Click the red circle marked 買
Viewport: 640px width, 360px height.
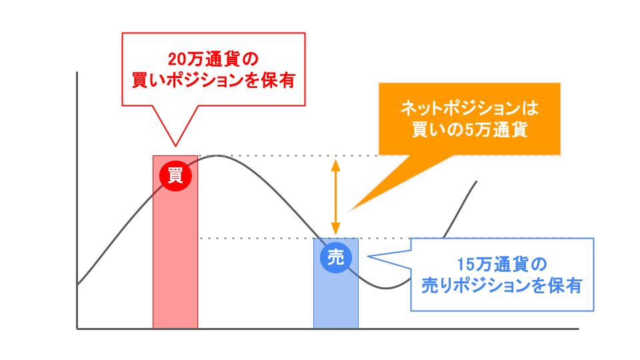[175, 175]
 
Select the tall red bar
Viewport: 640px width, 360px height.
[175, 267]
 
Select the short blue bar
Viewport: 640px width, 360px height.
[336, 300]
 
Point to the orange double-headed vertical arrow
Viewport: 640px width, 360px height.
[336, 196]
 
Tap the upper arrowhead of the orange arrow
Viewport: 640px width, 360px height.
[336, 162]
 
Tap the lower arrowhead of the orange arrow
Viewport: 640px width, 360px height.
[336, 231]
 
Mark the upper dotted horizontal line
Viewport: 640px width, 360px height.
[280, 156]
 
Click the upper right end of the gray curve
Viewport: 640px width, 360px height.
[477, 181]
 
